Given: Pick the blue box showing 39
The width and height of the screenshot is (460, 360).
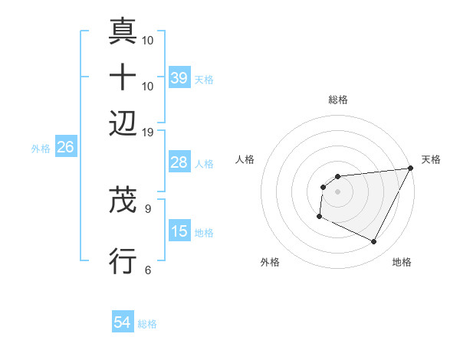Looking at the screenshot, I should pos(179,78).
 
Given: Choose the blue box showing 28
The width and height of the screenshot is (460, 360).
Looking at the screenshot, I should pos(179,162).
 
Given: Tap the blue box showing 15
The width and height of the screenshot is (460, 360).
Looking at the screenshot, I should pos(179,231).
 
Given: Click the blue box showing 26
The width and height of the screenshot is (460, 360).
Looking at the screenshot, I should pos(65,147).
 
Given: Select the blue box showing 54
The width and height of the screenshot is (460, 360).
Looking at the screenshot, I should pos(123,322).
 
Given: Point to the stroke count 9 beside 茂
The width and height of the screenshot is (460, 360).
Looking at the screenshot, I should pos(148,208).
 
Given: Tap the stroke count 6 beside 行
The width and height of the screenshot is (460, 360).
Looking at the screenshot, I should pos(148,270).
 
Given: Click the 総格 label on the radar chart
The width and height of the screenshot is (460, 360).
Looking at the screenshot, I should pos(337,100).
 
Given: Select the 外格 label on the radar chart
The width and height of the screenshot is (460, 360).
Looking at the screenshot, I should pos(271,262).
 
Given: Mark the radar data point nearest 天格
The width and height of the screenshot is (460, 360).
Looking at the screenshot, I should pos(411,169).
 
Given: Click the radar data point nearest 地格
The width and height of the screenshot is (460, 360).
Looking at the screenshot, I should pos(374,242).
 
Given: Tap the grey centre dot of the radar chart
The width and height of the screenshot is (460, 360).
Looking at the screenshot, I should pos(337,191).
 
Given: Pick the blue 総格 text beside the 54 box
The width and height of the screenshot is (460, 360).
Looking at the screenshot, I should pos(147,323).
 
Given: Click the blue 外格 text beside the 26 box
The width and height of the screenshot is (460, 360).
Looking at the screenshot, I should pos(41,148).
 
